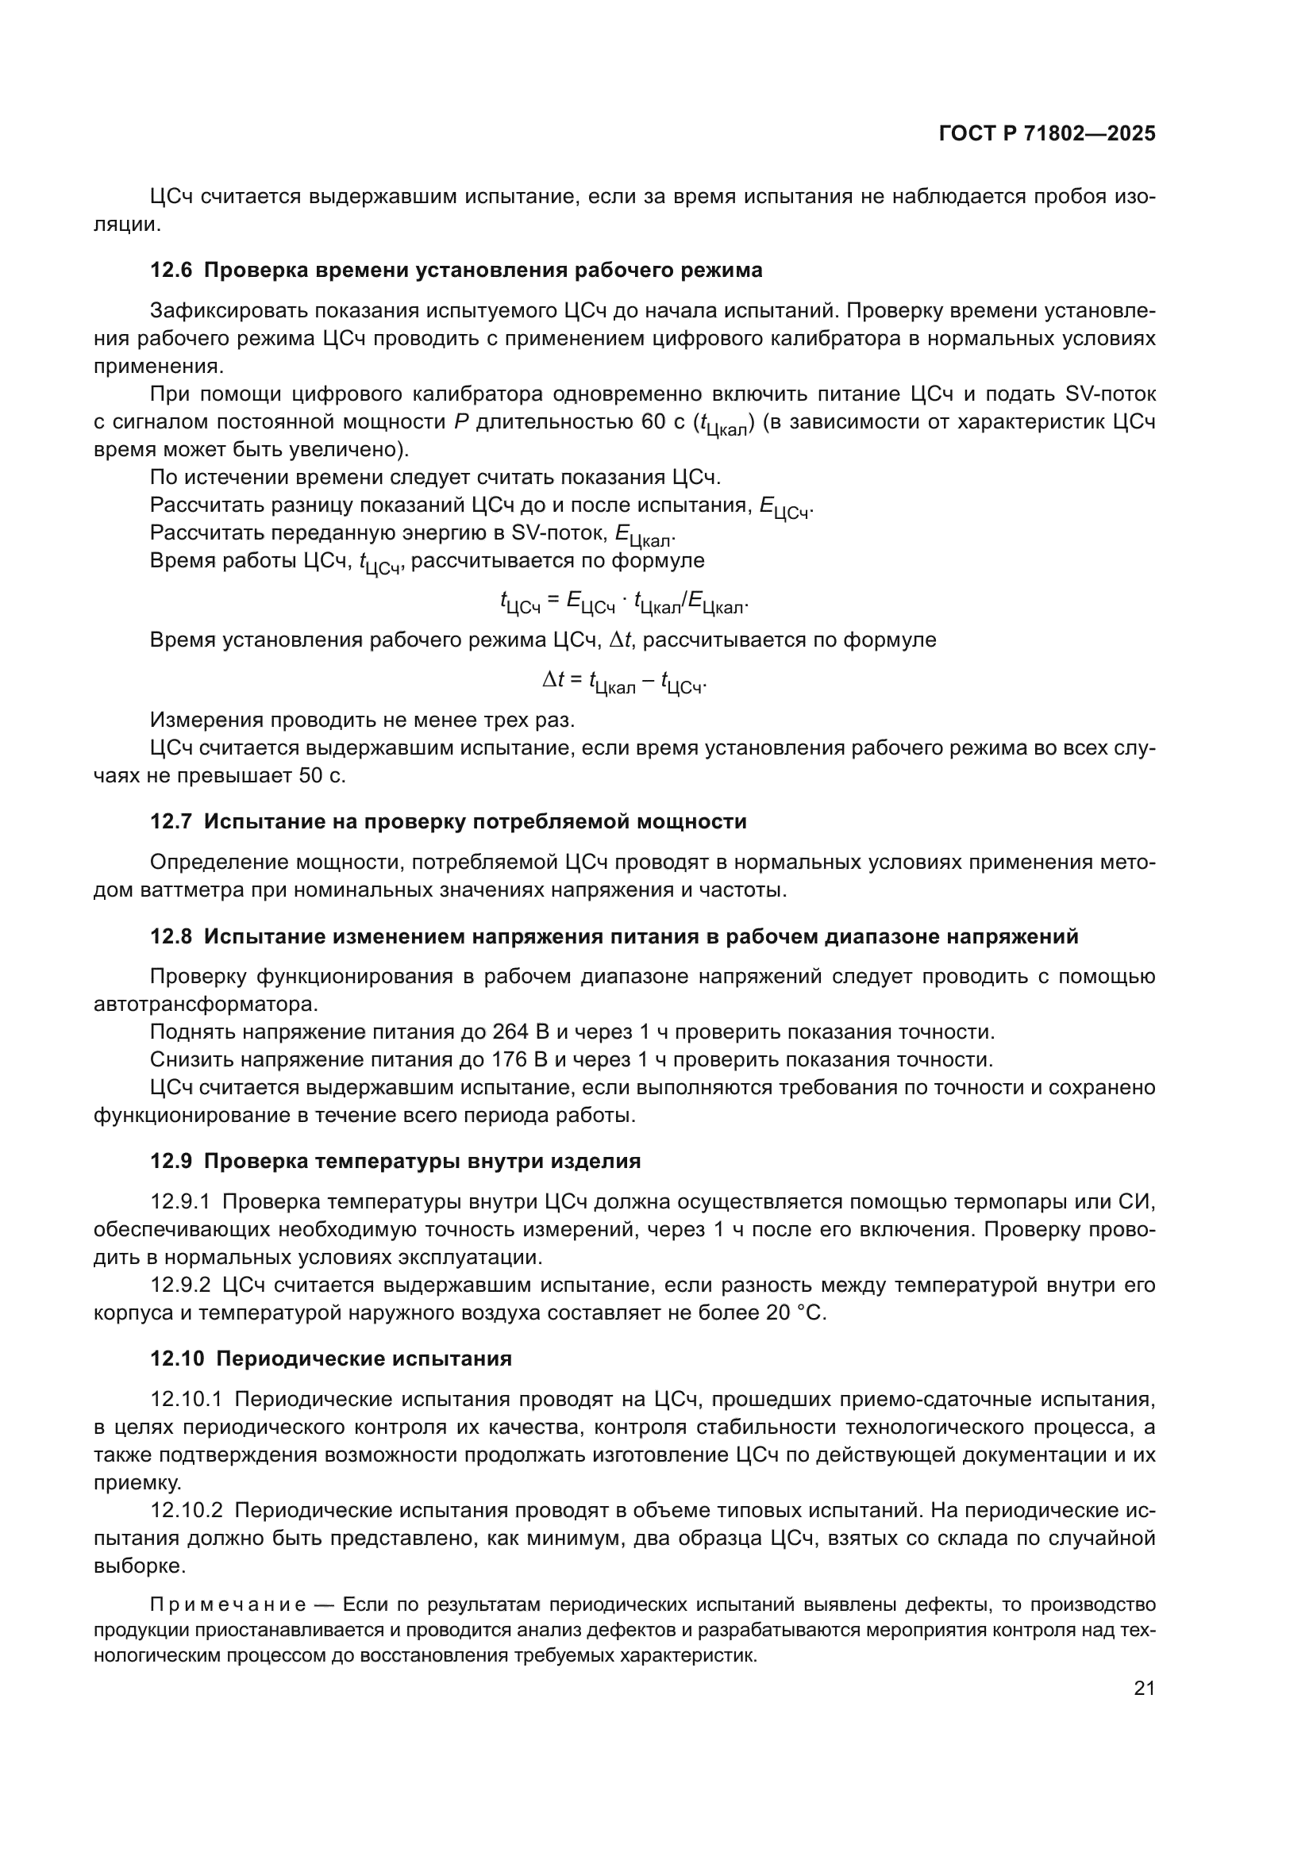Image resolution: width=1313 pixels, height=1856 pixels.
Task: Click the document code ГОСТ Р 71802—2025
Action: click(x=1047, y=134)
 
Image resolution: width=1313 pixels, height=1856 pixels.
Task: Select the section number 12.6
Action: click(x=171, y=270)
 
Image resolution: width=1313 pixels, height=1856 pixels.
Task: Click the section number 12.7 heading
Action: click(x=171, y=821)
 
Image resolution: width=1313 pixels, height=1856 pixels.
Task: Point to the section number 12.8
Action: click(x=171, y=936)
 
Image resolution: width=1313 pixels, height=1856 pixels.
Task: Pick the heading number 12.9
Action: click(x=171, y=1161)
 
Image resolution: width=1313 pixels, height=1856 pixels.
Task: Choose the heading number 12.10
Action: click(x=177, y=1358)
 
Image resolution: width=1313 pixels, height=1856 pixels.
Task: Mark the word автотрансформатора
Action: click(x=206, y=1004)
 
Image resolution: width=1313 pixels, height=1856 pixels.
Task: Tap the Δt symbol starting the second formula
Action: click(x=553, y=680)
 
